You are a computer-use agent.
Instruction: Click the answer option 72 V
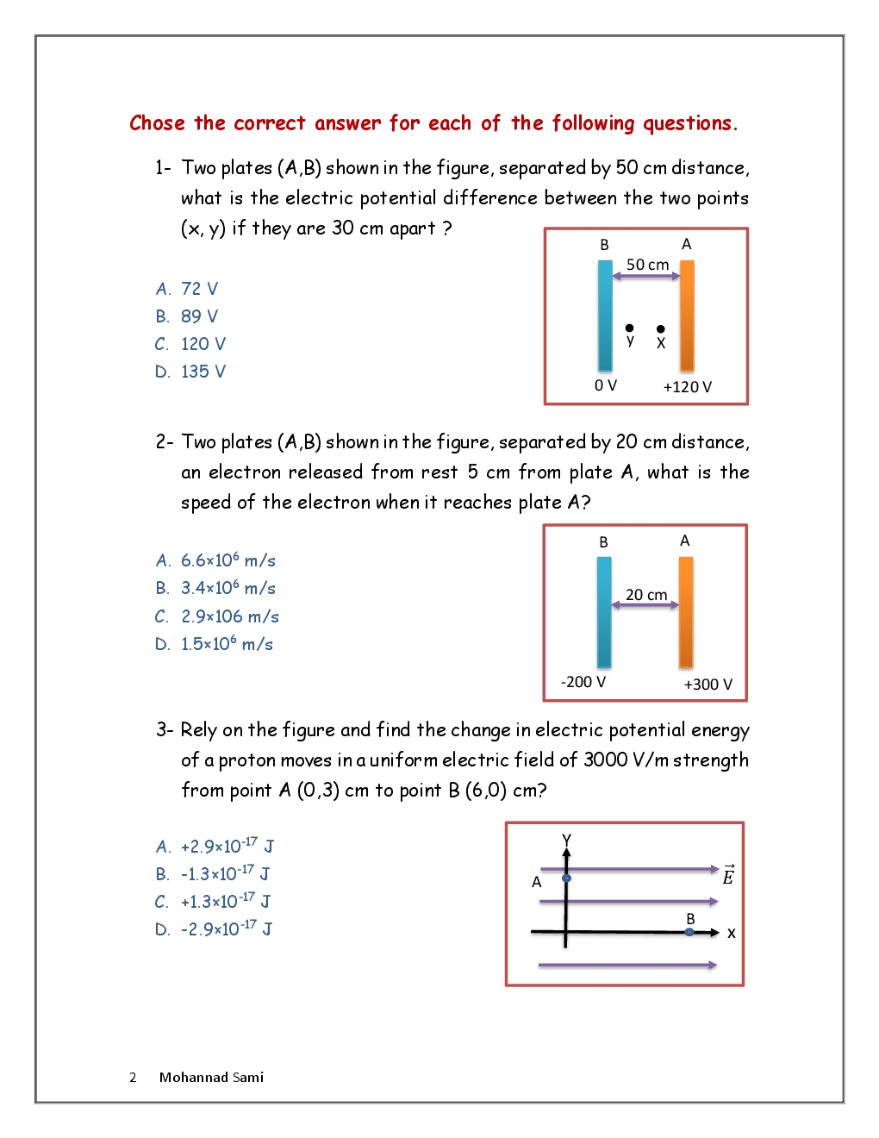point(199,289)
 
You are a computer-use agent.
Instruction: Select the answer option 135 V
point(203,372)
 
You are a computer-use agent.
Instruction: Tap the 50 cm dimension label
point(647,265)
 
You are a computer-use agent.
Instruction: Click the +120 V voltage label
point(687,387)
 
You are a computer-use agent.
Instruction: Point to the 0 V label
point(606,385)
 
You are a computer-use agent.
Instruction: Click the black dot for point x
point(661,328)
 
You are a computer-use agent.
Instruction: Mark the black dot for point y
point(630,328)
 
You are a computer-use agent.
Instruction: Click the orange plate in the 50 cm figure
point(687,316)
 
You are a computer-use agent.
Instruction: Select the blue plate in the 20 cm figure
point(604,612)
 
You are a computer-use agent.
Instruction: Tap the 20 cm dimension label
point(646,595)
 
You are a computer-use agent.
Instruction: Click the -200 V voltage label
point(583,682)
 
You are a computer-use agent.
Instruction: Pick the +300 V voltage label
point(708,685)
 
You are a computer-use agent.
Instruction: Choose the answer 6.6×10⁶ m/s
point(228,560)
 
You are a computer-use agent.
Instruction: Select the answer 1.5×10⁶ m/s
point(227,644)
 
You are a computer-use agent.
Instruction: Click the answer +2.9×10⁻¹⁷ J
point(227,846)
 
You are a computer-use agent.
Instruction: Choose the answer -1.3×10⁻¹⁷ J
point(225,873)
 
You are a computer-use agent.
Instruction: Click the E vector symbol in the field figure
point(728,875)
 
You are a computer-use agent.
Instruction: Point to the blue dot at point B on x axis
point(689,932)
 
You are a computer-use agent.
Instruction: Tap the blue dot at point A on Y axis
point(566,879)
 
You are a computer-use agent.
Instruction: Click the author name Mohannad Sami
point(211,1077)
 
